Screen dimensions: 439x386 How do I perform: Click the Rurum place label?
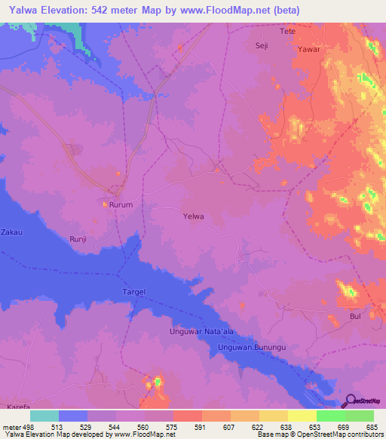coord(121,204)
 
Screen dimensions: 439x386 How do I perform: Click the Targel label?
coord(133,291)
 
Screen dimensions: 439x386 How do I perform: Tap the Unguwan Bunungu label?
coord(250,348)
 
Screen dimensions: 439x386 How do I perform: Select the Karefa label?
coord(18,407)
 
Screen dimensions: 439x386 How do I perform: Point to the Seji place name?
coord(262,45)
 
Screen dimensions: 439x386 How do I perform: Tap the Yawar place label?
coord(309,49)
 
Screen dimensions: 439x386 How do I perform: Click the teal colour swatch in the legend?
coord(44,416)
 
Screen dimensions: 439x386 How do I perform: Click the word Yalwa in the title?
coord(23,10)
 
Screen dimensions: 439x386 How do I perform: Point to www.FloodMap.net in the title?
coord(227,10)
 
